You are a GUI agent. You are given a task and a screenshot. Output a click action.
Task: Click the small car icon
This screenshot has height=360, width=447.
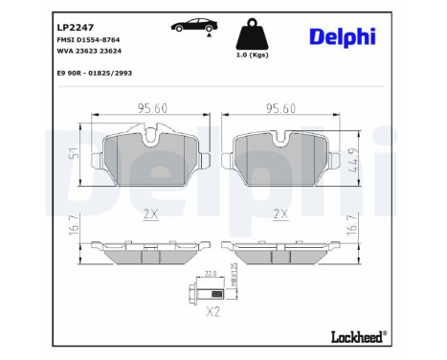[188, 25]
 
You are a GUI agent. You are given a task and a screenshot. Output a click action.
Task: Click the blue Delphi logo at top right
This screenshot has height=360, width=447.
[342, 36]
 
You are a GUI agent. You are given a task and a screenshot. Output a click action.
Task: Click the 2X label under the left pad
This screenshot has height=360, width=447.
[149, 214]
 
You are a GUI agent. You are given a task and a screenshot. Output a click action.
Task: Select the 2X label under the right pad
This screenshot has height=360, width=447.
[281, 214]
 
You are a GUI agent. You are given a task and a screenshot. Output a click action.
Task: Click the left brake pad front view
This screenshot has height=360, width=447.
[150, 158]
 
